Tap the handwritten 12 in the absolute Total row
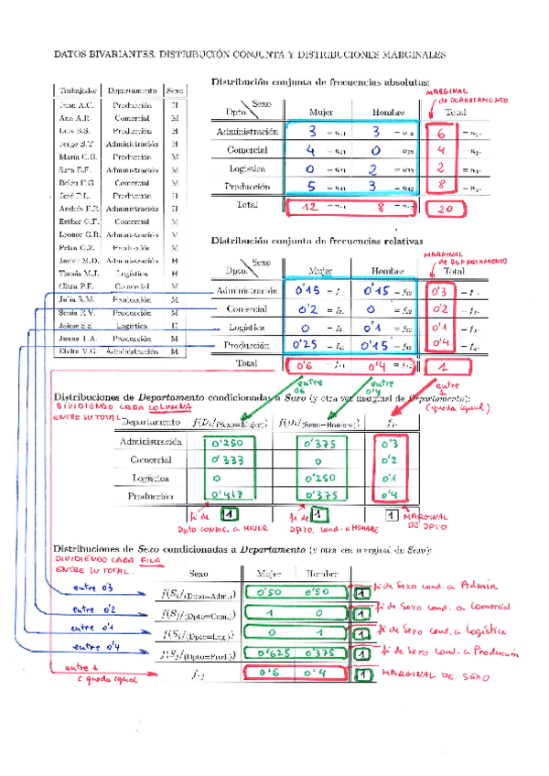click(311, 208)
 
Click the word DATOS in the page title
click(72, 55)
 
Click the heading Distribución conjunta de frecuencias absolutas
click(320, 81)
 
